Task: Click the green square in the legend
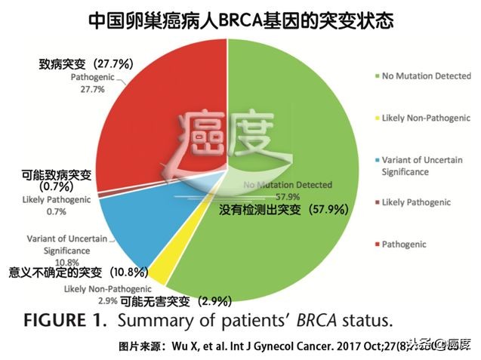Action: pos(376,76)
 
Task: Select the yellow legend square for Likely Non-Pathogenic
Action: pos(376,118)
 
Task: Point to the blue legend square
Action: pos(376,161)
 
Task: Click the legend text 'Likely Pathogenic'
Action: pos(416,202)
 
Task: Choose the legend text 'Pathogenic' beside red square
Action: pos(404,245)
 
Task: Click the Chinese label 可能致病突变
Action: pos(57,176)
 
